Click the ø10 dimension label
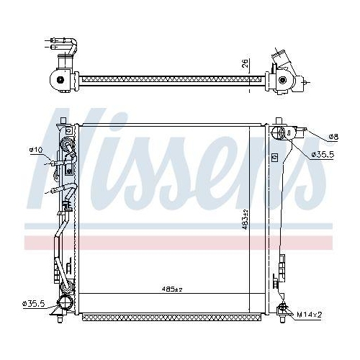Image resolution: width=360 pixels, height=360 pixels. (35, 150)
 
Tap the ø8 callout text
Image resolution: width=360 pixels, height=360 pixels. (333, 136)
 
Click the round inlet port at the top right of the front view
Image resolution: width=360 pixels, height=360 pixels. (281, 133)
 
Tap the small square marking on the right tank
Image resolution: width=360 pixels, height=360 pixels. (274, 157)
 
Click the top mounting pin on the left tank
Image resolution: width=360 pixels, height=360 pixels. (67, 123)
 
